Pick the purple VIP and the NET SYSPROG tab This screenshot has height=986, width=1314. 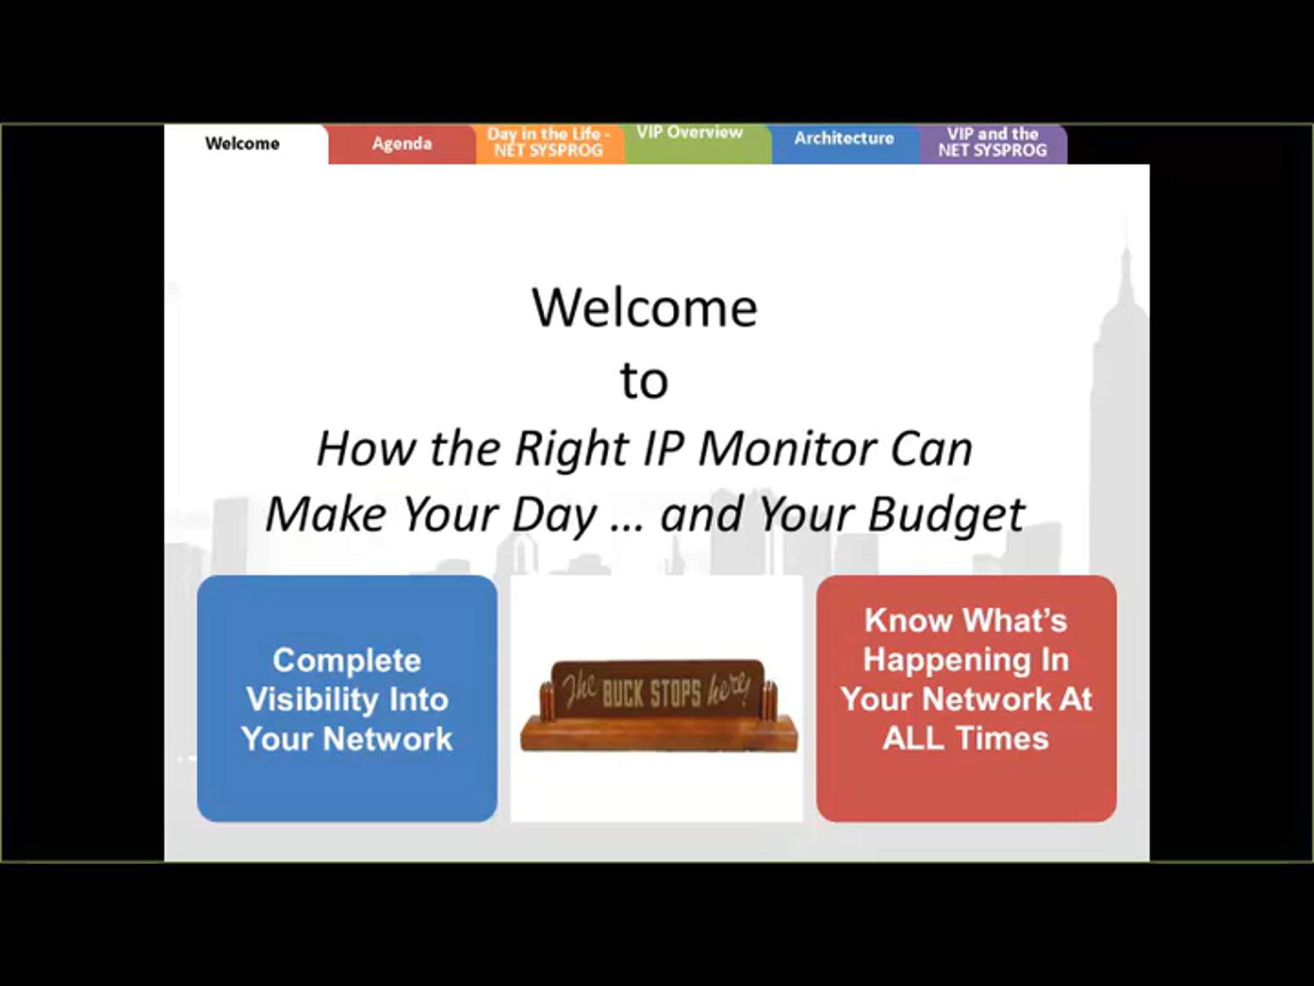(993, 143)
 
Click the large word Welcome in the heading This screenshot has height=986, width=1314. (644, 308)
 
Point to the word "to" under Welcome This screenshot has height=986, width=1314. (644, 381)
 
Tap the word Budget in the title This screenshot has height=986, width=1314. (946, 515)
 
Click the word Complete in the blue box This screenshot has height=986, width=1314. (347, 660)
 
